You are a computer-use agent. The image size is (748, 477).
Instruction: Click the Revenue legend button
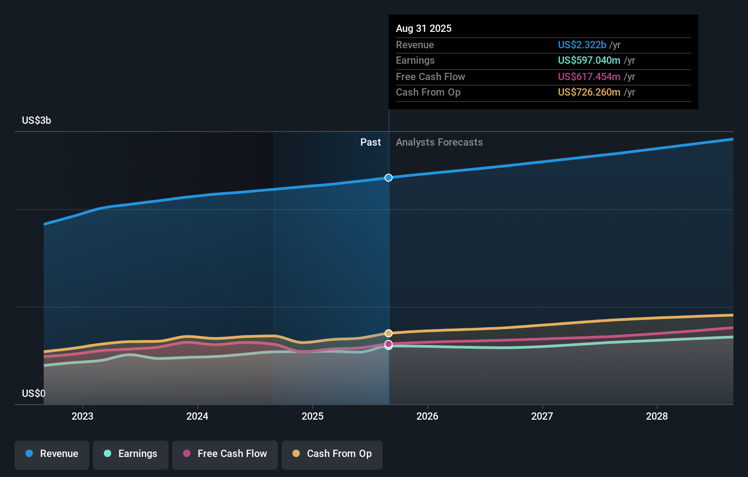click(x=52, y=454)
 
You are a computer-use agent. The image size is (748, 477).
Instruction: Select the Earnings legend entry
click(x=131, y=454)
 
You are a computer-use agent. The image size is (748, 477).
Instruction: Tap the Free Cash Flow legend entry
click(x=225, y=454)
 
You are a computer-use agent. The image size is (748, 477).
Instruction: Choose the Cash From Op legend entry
click(x=332, y=454)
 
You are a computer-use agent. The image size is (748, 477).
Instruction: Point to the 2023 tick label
click(x=82, y=416)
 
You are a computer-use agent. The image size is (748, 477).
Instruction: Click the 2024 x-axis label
click(x=197, y=416)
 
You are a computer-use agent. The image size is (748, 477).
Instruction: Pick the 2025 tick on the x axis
click(x=313, y=416)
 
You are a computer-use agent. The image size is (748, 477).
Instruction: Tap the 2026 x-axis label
click(x=427, y=416)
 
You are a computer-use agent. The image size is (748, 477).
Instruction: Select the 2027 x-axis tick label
click(x=542, y=416)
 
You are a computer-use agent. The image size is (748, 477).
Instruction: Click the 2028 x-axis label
click(x=657, y=416)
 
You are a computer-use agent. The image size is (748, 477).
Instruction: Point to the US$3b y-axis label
click(x=36, y=120)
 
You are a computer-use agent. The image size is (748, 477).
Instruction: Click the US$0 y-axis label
click(x=34, y=393)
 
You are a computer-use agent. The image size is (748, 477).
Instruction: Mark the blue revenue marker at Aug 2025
click(x=389, y=178)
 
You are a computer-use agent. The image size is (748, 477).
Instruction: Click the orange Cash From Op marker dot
click(x=389, y=333)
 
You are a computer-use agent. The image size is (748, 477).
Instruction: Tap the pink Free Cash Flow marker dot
click(x=389, y=344)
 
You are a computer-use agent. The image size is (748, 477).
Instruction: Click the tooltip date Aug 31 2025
click(x=424, y=28)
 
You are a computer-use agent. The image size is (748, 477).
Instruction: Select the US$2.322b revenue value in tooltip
click(x=582, y=45)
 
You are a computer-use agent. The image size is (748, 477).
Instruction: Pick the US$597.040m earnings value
click(x=589, y=60)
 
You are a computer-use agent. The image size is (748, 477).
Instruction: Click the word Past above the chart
click(x=370, y=142)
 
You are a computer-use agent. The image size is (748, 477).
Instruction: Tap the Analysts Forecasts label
click(x=439, y=142)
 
